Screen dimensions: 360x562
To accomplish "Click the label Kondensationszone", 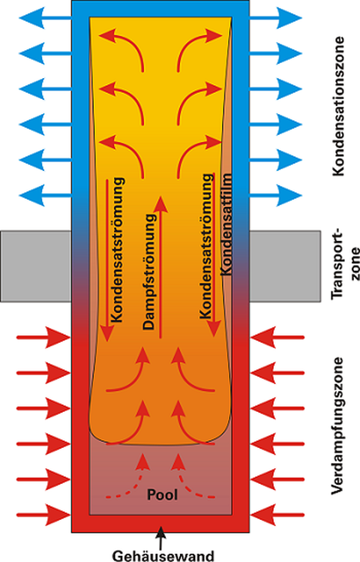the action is (338, 106).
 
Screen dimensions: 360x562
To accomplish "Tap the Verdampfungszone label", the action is (338, 425).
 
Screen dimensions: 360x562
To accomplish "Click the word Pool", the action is (162, 494).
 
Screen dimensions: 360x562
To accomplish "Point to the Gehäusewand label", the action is (163, 555).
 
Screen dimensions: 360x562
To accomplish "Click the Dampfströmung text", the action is (149, 272).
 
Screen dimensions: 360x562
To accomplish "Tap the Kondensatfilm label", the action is (226, 224).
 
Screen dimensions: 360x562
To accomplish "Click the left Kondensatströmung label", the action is (118, 249).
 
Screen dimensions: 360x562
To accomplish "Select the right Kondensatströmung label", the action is (206, 246).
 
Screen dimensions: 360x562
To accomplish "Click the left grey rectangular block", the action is (36, 266).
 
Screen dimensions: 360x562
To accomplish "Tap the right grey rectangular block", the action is (285, 266).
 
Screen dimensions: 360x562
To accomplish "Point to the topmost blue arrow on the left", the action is (45, 17).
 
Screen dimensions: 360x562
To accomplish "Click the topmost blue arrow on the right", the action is (276, 17).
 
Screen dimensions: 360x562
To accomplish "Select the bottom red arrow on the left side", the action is (43, 515).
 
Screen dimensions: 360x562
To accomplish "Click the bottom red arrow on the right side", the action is (277, 515).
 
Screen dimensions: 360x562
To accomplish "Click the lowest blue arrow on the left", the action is (45, 195).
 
